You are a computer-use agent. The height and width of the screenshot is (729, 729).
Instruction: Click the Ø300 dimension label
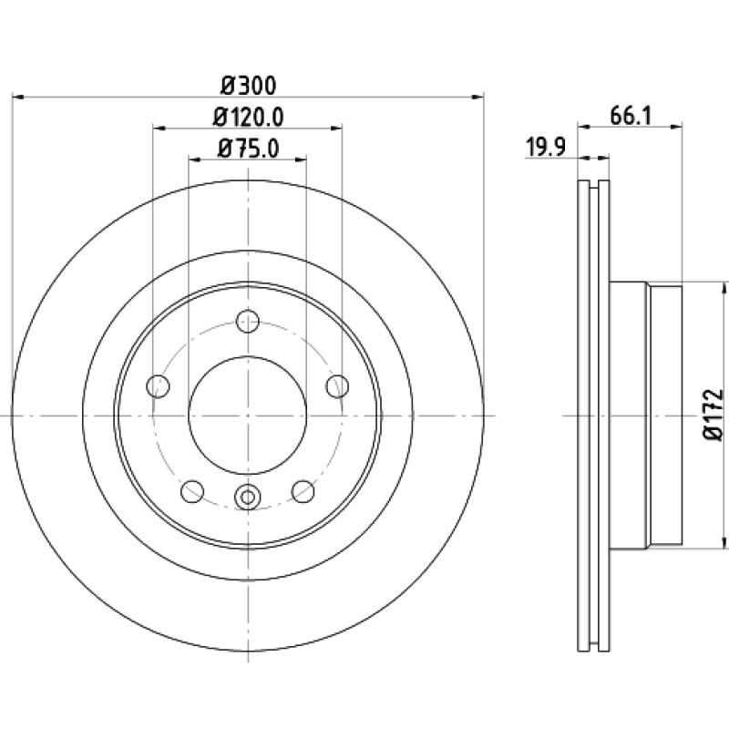248,86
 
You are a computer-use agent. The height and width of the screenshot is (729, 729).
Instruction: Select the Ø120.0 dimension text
248,118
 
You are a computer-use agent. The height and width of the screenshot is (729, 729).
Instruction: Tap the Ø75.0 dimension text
248,149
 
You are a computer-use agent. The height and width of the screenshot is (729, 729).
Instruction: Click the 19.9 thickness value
545,148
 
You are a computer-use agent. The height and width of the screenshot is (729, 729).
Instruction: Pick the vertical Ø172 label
714,415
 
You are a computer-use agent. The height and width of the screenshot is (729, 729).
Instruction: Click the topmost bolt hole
248,321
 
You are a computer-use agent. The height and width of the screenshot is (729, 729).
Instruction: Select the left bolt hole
158,385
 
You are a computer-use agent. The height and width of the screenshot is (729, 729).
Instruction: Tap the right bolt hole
337,385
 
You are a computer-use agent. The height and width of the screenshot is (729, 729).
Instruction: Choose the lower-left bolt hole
192,491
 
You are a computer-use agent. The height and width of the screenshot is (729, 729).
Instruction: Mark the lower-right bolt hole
303,491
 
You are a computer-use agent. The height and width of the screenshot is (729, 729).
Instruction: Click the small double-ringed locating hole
248,497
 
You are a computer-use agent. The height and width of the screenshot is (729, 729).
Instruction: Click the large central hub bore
248,416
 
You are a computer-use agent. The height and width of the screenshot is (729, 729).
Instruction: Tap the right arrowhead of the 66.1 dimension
677,126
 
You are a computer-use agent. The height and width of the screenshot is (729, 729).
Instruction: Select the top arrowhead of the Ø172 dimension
724,288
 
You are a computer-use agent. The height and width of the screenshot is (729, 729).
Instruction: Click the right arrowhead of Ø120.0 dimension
336,128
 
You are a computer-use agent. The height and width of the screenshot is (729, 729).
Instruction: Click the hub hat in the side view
646,416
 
